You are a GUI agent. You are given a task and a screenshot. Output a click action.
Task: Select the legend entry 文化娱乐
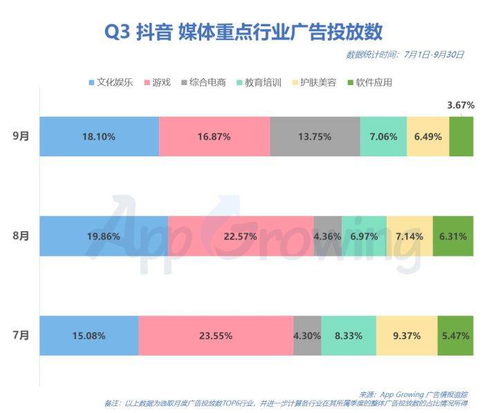(111, 82)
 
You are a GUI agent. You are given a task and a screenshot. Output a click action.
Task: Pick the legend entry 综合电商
(207, 82)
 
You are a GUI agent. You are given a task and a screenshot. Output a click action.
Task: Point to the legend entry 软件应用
(373, 82)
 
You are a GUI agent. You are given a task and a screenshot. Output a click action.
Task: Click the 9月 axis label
(21, 136)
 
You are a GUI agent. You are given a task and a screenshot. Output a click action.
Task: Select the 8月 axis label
(21, 236)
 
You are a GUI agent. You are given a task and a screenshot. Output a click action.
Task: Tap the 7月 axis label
(21, 336)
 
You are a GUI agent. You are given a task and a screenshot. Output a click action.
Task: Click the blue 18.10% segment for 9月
(99, 136)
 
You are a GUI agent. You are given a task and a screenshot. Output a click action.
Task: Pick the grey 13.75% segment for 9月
(315, 136)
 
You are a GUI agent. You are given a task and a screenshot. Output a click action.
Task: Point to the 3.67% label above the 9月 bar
(461, 105)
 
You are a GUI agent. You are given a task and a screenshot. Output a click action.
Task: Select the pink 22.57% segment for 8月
(241, 236)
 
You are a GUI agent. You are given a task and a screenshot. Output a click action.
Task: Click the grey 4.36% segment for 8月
(327, 236)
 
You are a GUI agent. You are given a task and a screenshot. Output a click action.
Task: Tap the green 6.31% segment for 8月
(453, 236)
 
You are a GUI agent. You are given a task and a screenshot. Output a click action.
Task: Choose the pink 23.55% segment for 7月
(215, 336)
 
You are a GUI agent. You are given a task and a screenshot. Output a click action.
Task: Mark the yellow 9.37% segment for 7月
(407, 336)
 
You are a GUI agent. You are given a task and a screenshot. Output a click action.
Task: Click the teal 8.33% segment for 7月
(349, 336)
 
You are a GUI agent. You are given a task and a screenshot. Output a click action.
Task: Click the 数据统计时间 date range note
(405, 55)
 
